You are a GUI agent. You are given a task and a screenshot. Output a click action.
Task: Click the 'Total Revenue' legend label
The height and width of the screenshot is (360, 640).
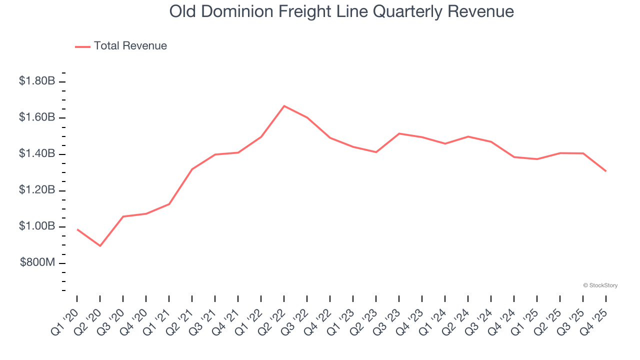(x=130, y=46)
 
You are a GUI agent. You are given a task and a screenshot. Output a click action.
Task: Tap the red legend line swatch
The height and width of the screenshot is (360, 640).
(x=82, y=46)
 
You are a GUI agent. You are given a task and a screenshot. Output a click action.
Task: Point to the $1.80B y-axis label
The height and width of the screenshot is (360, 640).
(x=36, y=81)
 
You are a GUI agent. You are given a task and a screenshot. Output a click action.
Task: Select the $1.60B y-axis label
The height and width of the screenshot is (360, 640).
(x=36, y=117)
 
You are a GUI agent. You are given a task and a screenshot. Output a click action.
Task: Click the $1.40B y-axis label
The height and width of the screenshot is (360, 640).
(x=36, y=154)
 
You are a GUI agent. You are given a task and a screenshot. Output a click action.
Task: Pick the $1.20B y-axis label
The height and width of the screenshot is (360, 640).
(x=36, y=190)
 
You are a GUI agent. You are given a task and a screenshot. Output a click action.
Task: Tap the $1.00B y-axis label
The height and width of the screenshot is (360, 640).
(x=36, y=226)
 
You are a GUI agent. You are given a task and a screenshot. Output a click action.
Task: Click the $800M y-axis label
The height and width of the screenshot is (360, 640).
(x=37, y=263)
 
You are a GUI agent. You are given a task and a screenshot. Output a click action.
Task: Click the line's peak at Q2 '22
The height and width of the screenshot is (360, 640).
(x=284, y=106)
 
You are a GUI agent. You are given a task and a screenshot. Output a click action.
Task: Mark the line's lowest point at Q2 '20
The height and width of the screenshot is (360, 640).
(x=100, y=246)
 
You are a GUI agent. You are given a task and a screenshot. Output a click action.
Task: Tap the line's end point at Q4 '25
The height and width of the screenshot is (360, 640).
(x=606, y=171)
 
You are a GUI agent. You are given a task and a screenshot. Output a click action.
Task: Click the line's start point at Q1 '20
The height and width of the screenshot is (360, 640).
(x=77, y=229)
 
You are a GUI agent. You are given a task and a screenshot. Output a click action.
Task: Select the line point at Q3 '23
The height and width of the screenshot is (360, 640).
(x=399, y=133)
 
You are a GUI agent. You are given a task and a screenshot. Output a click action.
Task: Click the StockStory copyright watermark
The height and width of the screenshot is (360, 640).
(x=600, y=285)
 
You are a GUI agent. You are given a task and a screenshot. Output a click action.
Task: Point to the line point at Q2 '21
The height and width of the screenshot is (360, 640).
(x=192, y=169)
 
